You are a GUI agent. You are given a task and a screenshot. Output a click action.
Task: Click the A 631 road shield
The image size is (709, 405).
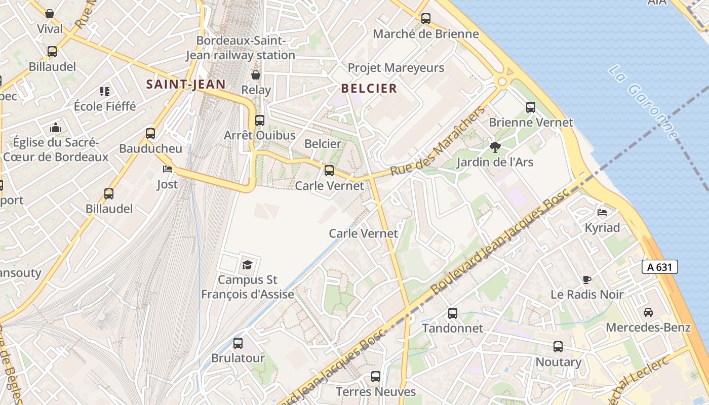[659, 267]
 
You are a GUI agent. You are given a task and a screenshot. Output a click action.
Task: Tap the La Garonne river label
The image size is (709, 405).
[643, 102]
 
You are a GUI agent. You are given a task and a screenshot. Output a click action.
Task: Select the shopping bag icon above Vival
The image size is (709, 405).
[50, 14]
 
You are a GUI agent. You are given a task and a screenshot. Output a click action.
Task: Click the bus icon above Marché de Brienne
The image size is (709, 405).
[426, 19]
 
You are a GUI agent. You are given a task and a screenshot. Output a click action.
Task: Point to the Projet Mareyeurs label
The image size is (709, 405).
[396, 68]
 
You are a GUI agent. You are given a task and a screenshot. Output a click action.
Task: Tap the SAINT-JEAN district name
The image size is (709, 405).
[186, 84]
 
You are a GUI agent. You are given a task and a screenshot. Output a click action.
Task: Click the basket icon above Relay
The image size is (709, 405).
[256, 75]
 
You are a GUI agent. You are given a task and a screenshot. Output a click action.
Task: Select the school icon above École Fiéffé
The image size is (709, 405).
[105, 92]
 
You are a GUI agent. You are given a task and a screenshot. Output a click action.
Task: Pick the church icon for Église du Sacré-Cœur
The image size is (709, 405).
[56, 128]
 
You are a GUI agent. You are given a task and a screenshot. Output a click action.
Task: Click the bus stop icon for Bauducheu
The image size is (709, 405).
[150, 134]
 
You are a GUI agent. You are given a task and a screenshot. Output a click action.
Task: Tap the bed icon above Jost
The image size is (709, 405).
[167, 169]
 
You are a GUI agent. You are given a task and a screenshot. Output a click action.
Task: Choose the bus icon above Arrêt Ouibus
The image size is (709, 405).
[260, 120]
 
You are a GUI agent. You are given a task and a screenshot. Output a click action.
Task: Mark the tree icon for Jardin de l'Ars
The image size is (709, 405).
[495, 147]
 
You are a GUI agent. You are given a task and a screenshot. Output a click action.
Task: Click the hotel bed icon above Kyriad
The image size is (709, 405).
[602, 213]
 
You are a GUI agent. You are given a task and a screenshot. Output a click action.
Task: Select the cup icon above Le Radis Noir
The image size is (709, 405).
[587, 279]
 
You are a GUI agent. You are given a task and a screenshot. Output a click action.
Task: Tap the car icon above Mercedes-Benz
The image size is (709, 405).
[648, 312]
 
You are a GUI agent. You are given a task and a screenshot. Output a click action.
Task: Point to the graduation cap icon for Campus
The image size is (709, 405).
[247, 264]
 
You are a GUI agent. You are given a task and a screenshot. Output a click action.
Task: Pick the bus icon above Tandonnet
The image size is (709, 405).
[453, 313]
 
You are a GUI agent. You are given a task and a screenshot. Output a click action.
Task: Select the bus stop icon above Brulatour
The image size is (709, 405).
[238, 343]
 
